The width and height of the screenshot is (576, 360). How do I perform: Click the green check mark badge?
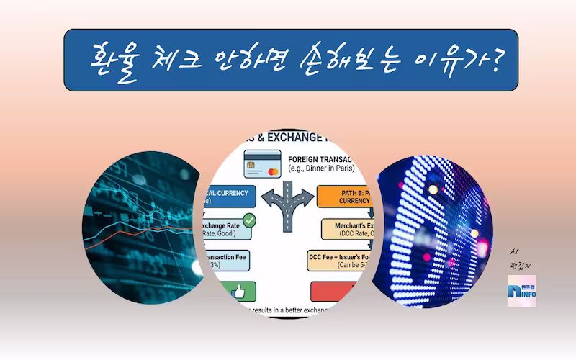tap(249, 220)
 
